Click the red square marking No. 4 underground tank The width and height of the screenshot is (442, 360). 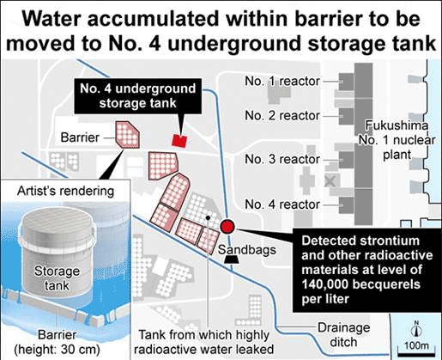179,141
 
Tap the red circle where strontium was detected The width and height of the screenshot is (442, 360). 227,227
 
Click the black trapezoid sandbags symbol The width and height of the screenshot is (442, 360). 231,259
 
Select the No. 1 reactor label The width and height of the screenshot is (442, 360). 282,82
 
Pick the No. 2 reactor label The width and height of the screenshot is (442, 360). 282,116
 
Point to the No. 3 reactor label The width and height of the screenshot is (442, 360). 282,159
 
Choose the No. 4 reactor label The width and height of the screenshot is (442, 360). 282,204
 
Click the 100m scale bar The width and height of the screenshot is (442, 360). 416,353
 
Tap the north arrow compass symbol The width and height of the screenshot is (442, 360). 416,329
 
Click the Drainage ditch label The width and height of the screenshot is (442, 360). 343,335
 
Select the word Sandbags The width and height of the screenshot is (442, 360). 247,250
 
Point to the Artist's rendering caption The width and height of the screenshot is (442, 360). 65,191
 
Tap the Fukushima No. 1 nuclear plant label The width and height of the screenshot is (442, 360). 397,140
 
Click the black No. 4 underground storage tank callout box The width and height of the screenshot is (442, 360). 138,96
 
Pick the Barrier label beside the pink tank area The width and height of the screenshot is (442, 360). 80,137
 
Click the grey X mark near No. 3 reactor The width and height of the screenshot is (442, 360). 330,181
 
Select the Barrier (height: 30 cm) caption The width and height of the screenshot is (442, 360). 58,342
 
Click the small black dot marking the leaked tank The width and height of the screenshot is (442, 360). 208,218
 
